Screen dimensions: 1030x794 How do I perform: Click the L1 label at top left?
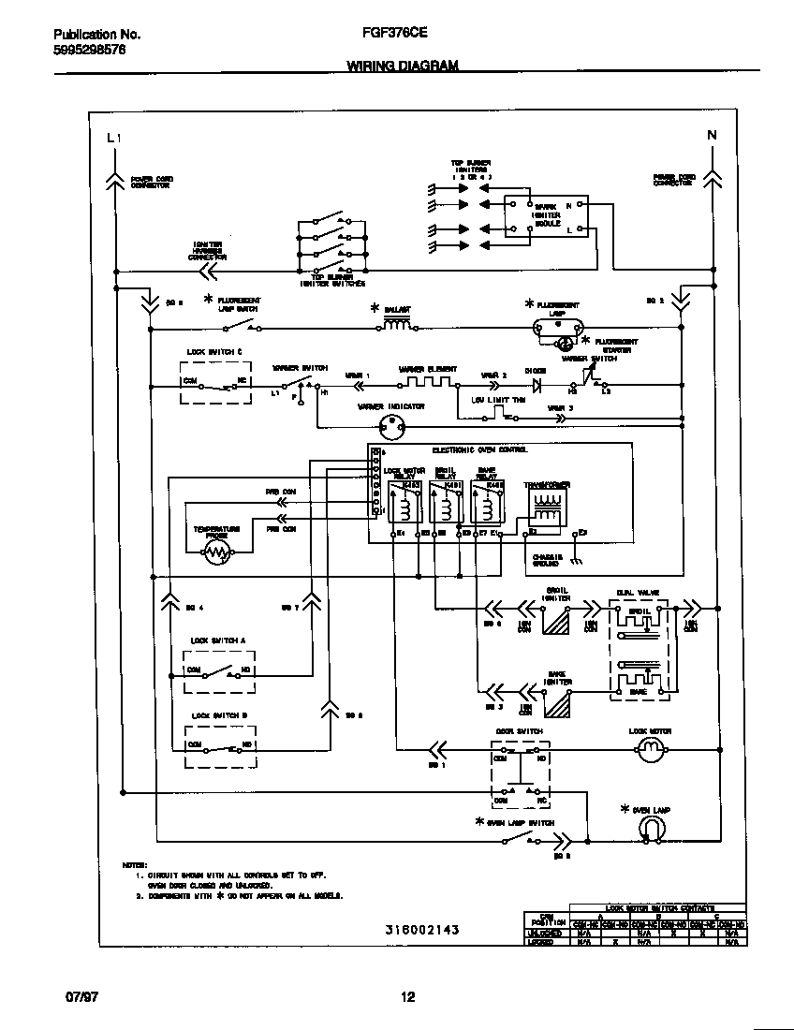(x=113, y=138)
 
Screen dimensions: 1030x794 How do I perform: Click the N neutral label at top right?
(x=711, y=135)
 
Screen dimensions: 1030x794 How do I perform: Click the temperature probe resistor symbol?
(x=217, y=553)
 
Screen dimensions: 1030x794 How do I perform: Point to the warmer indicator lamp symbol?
(x=390, y=427)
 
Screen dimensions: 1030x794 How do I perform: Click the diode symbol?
(x=537, y=384)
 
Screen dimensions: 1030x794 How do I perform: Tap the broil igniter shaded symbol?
(x=556, y=620)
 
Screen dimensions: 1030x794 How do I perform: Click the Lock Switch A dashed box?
(x=220, y=670)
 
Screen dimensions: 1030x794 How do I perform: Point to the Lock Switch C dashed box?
(x=215, y=382)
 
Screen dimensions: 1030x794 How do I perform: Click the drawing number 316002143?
(x=421, y=930)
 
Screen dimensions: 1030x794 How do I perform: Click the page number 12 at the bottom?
(x=407, y=997)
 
